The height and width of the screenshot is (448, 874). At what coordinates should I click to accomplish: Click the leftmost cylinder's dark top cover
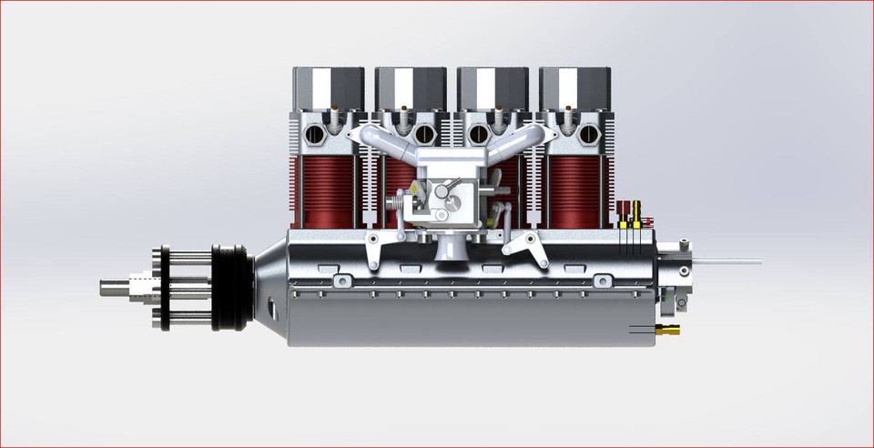point(328,88)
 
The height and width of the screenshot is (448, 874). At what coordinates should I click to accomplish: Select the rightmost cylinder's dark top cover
point(574,88)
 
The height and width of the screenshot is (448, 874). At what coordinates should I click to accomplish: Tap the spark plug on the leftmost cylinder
point(334,117)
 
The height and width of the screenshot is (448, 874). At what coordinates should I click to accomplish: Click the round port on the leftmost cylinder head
point(315,135)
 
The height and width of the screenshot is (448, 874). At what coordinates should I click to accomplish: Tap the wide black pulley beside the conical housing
point(231,287)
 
